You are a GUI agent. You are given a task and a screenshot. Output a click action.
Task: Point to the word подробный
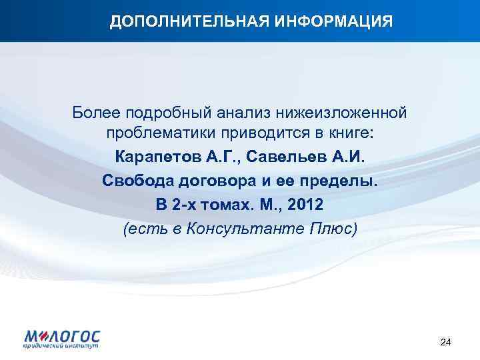coord(166,111)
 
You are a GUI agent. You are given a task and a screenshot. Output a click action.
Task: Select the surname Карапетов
coord(157,158)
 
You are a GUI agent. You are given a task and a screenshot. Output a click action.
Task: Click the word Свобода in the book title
coord(135,181)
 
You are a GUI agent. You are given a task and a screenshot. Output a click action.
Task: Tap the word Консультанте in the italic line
coord(245,229)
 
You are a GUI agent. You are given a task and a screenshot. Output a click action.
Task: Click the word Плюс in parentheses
coord(330,229)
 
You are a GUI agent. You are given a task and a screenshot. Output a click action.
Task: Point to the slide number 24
coord(446,342)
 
